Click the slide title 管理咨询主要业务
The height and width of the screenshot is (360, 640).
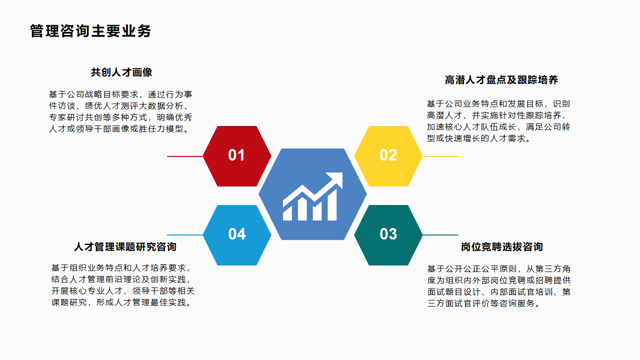pyautogui.click(x=90, y=31)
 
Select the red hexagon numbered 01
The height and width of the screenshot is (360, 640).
pyautogui.click(x=236, y=156)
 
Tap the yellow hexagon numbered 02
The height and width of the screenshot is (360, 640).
pyautogui.click(x=388, y=156)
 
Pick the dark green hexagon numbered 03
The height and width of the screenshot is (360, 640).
pyautogui.click(x=388, y=234)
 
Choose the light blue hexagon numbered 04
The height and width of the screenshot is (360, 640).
pyautogui.click(x=236, y=234)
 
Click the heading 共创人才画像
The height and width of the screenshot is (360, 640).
pyautogui.click(x=121, y=72)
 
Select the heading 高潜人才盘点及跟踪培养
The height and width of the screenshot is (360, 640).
pyautogui.click(x=501, y=80)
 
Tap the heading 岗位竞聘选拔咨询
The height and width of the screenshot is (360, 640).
pyautogui.click(x=501, y=247)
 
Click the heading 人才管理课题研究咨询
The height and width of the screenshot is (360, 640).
pyautogui.click(x=125, y=247)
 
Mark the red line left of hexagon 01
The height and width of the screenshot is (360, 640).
pyautogui.click(x=184, y=156)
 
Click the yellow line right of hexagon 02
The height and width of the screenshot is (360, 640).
pyautogui.click(x=440, y=156)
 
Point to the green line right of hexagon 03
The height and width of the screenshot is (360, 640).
pyautogui.click(x=440, y=235)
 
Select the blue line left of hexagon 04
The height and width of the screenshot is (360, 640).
pyautogui.click(x=184, y=235)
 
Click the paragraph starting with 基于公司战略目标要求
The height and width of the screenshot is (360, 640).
pyautogui.click(x=120, y=112)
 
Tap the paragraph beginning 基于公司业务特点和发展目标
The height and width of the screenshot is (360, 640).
pyautogui.click(x=498, y=121)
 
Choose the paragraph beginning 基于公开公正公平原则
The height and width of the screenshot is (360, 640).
pyautogui.click(x=498, y=286)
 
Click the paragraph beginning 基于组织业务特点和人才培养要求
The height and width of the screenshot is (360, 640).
pyautogui.click(x=123, y=285)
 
